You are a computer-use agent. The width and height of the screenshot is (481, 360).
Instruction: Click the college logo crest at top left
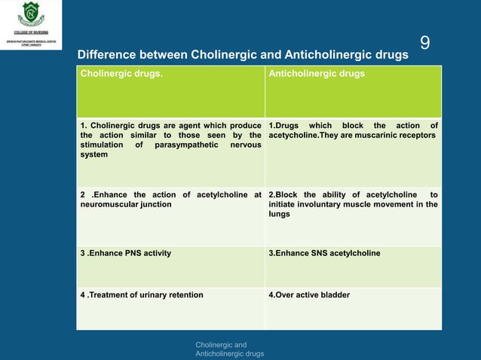coord(30,13)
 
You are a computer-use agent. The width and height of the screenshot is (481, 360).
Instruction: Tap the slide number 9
coord(424,44)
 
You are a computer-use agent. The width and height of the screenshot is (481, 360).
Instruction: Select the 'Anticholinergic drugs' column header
coord(317,74)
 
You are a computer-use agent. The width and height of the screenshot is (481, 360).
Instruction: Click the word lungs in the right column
coord(280,214)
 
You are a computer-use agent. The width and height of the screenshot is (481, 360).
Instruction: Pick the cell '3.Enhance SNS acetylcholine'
coord(324,253)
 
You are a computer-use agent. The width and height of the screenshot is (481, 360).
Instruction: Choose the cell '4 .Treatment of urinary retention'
coord(142,294)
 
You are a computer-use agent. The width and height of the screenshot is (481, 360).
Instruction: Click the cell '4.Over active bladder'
coord(309,294)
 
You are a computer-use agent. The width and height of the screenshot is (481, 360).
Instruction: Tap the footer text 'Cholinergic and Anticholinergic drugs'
coord(229,349)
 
